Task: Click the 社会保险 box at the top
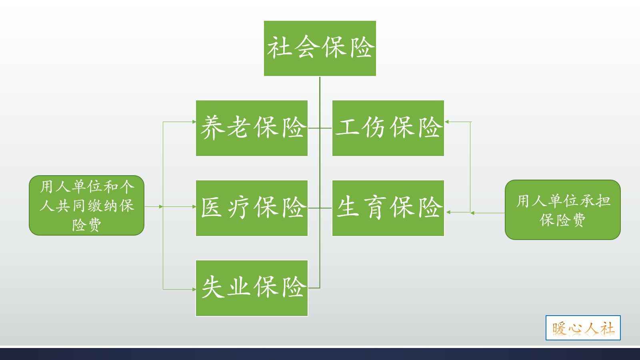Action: [320, 48]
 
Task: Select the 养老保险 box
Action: [252, 128]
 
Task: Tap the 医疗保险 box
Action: [252, 208]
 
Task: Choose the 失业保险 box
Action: [252, 288]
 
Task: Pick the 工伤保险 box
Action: [388, 128]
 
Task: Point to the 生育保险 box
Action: [388, 208]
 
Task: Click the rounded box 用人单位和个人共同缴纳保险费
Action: [86, 205]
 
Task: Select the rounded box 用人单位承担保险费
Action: [562, 210]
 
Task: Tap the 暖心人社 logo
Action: [583, 328]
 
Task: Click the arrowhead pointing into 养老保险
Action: [194, 122]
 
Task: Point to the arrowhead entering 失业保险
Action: [194, 289]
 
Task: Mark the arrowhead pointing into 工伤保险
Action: [447, 122]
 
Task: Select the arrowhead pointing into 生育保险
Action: [448, 212]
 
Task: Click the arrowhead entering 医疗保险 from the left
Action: [194, 207]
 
